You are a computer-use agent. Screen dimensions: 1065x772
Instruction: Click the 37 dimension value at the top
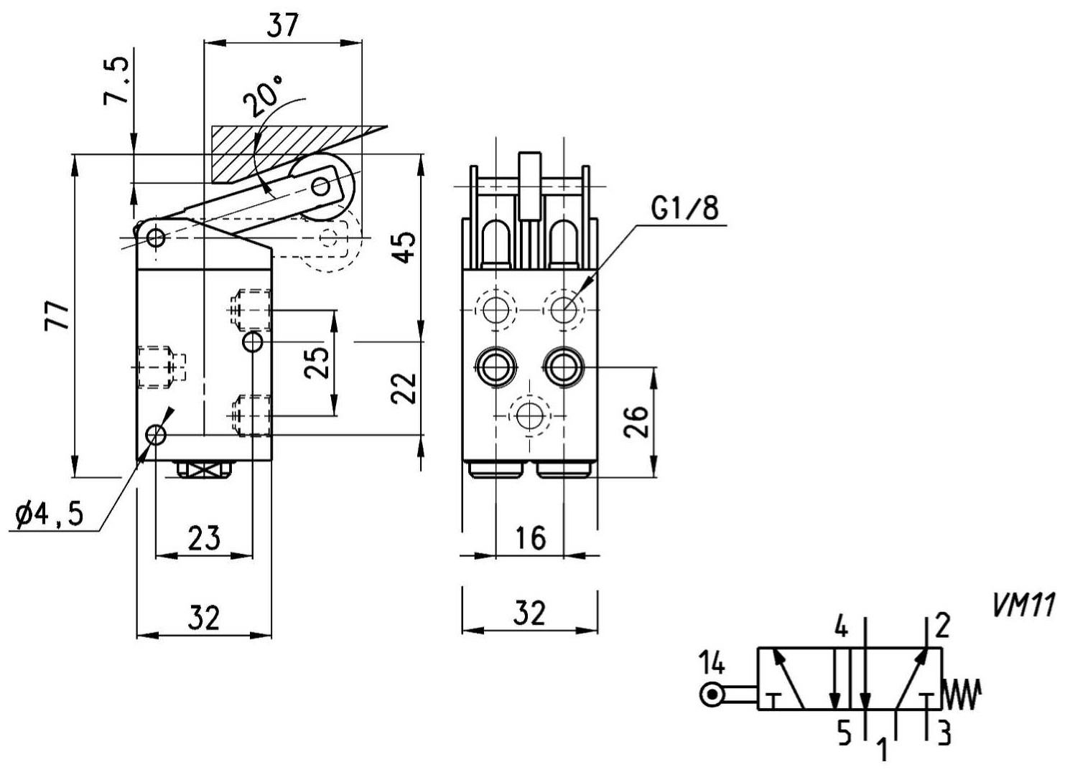coord(282,25)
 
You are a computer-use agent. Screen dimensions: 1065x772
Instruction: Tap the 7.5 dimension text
coord(116,81)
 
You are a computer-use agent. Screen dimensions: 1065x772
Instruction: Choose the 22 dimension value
coord(404,388)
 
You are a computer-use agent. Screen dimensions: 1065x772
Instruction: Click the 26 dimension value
coord(636,421)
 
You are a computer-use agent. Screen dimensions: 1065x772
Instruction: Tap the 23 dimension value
coord(205,537)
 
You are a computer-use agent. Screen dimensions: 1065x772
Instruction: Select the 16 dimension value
coord(530,537)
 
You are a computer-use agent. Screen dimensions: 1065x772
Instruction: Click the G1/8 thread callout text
coord(684,208)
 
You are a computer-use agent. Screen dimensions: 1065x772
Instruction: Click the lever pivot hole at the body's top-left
coord(155,237)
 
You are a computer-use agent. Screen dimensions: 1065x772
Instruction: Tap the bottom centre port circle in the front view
coord(529,416)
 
